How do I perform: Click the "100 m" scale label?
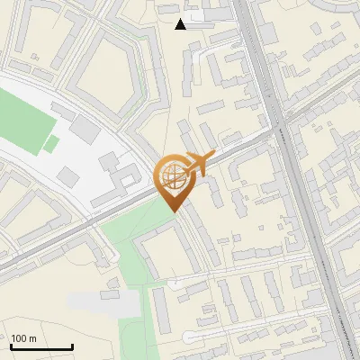click(x=23, y=337)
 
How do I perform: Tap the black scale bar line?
click(x=41, y=347)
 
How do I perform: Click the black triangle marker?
click(x=181, y=24)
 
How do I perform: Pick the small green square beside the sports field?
click(x=51, y=143)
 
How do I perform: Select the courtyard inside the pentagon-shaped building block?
click(x=106, y=84)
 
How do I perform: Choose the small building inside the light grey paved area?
click(x=111, y=294)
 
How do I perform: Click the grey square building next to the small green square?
click(x=85, y=130)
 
